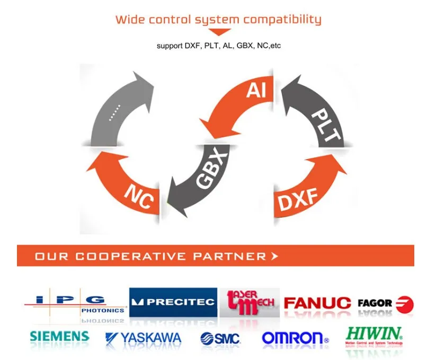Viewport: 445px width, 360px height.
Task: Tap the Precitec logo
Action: coord(173,302)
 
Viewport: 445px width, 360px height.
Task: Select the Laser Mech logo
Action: coord(251,302)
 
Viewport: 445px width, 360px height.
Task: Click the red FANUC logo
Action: coord(317,303)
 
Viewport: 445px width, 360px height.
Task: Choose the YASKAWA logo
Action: coord(144,338)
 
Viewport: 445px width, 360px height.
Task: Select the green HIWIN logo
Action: coord(374,334)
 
